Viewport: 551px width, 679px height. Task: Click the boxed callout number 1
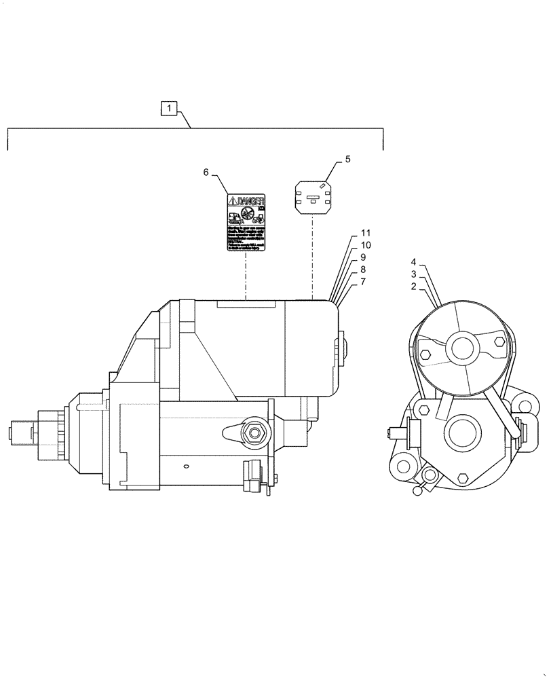click(x=169, y=107)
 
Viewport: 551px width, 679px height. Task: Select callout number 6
click(x=206, y=172)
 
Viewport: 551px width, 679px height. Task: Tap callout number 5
click(x=347, y=159)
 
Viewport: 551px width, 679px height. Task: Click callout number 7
click(x=364, y=280)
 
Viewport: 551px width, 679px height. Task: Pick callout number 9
click(x=364, y=257)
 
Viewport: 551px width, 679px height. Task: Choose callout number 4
click(x=413, y=261)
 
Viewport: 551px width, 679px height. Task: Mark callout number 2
click(x=413, y=287)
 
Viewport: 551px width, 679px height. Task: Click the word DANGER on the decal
click(x=249, y=200)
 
